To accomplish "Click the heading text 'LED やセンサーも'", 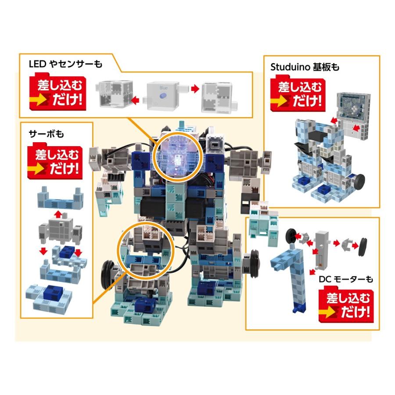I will (x=65, y=65).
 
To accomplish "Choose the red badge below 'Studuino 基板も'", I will (x=297, y=94).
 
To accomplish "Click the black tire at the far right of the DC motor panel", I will (x=363, y=246).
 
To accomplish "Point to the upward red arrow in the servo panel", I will (x=57, y=214).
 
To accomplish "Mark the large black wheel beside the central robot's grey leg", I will (x=107, y=274).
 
